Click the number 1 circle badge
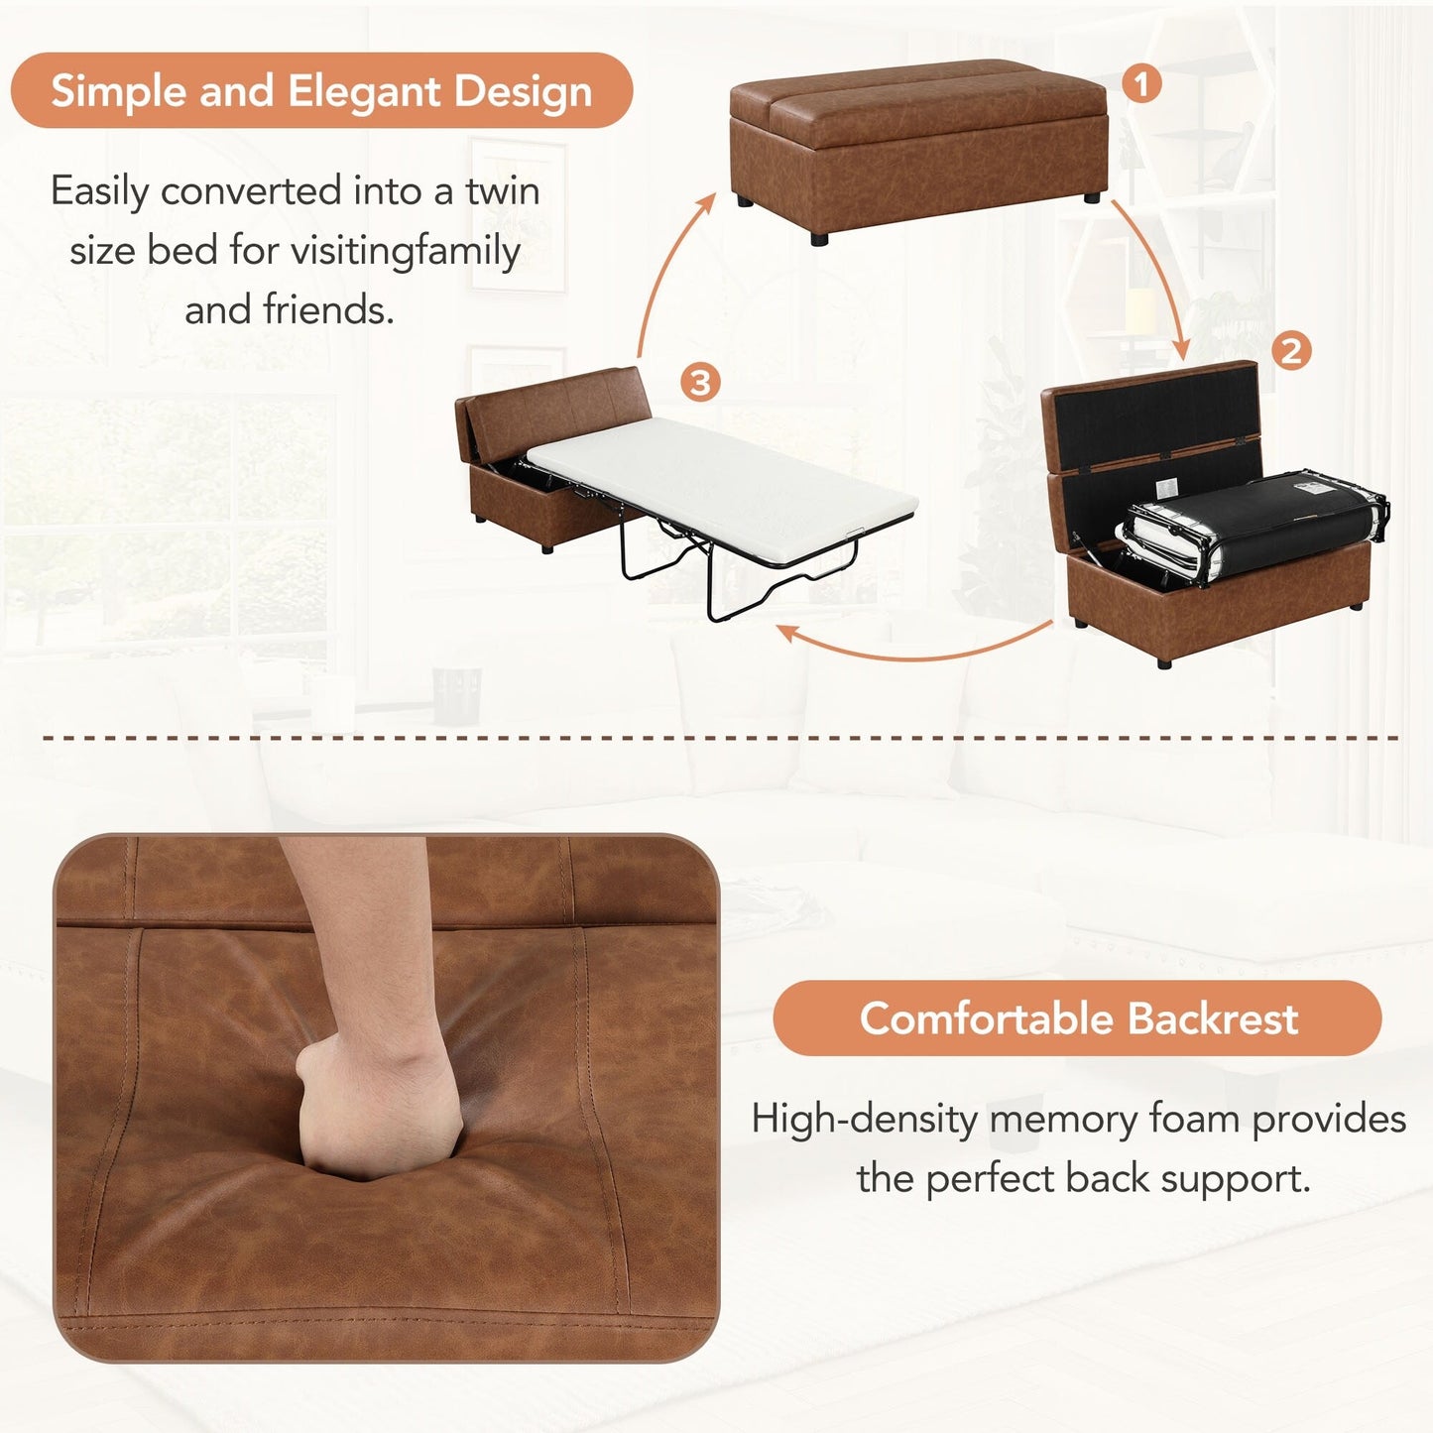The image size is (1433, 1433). click(1141, 84)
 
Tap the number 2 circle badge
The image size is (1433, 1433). click(1290, 351)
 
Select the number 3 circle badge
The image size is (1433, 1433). click(700, 383)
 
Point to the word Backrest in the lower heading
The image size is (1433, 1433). click(1212, 1018)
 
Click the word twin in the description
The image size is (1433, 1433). click(503, 190)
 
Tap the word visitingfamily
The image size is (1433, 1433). click(405, 251)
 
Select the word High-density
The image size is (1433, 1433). click(864, 1120)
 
